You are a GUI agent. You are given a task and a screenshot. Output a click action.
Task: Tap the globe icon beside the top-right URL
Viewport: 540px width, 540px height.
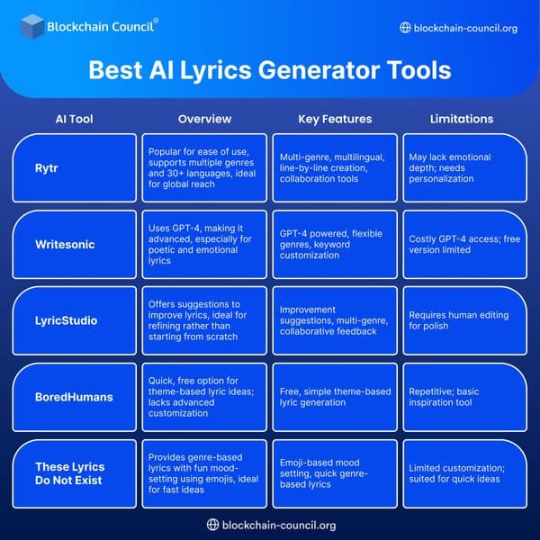pos(404,28)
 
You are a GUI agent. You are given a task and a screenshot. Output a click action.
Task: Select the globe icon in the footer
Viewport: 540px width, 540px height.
pos(213,525)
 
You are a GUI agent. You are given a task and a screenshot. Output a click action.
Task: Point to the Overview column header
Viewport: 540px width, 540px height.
pos(204,119)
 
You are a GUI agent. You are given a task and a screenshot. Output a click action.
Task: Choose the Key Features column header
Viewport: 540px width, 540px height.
pos(335,119)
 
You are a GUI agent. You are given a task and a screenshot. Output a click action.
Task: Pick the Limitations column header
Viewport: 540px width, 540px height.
pos(462,119)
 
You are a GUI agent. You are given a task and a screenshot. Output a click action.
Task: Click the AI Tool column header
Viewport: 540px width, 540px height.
pos(74,119)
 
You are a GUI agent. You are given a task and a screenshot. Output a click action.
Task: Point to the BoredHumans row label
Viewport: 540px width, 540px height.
pos(74,398)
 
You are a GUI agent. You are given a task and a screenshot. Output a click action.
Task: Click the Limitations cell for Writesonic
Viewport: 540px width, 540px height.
pos(463,244)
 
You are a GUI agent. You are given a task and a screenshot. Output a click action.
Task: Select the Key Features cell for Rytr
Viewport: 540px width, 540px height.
pos(335,166)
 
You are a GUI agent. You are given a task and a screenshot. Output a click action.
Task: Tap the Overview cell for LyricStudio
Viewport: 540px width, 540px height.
pos(204,321)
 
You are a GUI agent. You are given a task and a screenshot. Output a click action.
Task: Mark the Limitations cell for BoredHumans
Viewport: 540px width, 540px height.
pos(463,398)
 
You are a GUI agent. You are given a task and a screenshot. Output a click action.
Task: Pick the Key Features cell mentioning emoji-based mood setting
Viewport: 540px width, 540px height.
pos(335,473)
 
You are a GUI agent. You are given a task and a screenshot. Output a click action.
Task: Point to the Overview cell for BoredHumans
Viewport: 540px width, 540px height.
pos(204,398)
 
